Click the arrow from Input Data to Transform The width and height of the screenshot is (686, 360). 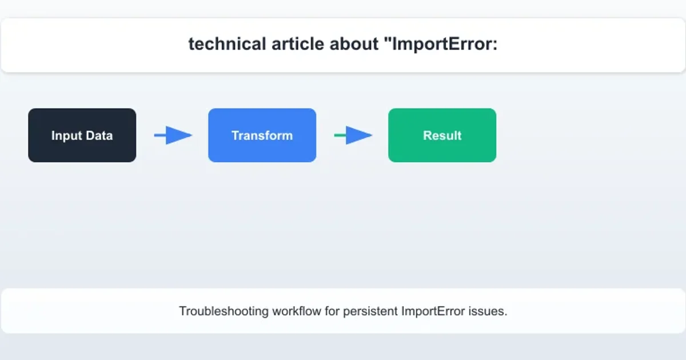pos(173,135)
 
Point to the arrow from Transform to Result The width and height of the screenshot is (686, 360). pos(353,135)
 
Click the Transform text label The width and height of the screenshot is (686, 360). pos(262,136)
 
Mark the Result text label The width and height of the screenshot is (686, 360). pos(442,136)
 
